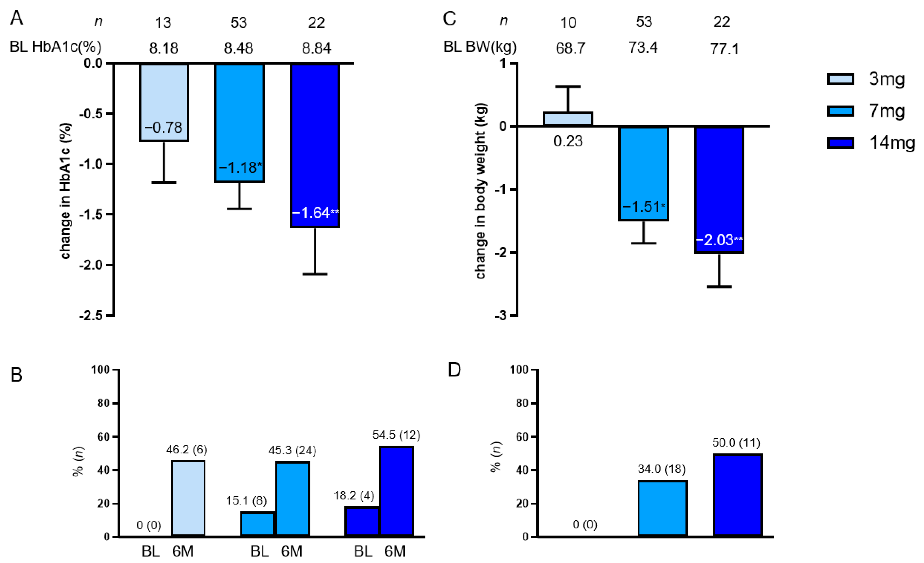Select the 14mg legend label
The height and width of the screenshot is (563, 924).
tap(892, 143)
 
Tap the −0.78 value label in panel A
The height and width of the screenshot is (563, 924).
tap(164, 127)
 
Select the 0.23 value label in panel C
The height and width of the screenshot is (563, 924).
tap(568, 141)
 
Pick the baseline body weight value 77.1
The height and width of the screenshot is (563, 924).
tap(724, 49)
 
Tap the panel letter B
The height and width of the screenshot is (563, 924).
tap(16, 375)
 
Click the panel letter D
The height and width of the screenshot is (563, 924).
tap(455, 370)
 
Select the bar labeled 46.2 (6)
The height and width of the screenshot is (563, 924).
tap(188, 498)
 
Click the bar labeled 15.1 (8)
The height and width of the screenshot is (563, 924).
tap(257, 524)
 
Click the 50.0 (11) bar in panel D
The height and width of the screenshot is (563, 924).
tap(738, 495)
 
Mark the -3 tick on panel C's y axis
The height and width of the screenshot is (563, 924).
tap(501, 316)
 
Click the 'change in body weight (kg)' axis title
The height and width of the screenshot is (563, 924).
tap(481, 190)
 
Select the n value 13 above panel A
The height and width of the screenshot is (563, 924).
tap(163, 23)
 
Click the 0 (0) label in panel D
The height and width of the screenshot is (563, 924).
tap(585, 524)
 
